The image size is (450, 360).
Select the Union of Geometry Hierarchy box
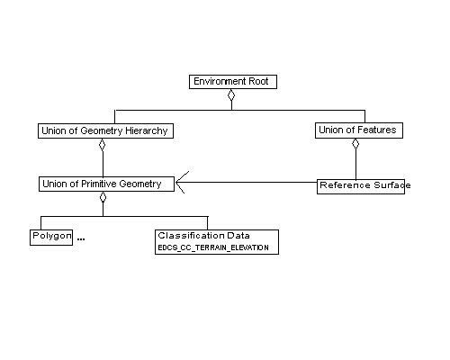point(105,130)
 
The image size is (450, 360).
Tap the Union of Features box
point(357,130)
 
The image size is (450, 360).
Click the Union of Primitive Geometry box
point(102,184)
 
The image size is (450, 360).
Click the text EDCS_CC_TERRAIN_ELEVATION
point(213,247)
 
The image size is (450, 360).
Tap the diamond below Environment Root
point(231,94)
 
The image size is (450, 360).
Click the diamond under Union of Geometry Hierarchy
point(103,144)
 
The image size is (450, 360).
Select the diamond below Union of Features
point(355,144)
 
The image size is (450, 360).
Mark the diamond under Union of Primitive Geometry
point(103,197)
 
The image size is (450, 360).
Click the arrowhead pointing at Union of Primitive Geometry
point(180,184)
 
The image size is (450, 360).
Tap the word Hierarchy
point(144,130)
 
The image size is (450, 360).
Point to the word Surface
point(390,185)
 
